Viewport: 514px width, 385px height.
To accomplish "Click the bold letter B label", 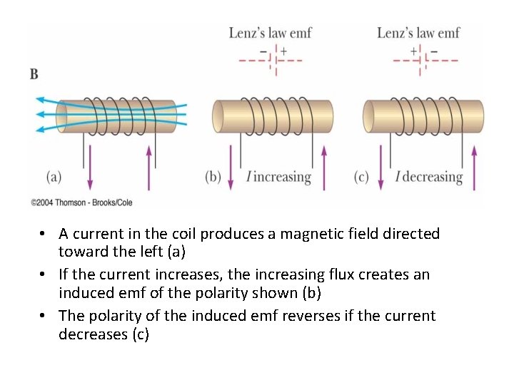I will pyautogui.click(x=34, y=73).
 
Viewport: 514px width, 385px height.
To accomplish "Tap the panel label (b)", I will pyautogui.click(x=213, y=176).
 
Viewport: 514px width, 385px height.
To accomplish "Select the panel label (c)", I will pyautogui.click(x=361, y=176).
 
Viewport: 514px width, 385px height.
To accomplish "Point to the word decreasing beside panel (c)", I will pyautogui.click(x=433, y=177).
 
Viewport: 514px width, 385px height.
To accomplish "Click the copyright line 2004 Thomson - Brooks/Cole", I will pyautogui.click(x=81, y=202).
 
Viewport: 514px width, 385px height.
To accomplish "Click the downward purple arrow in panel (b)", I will pyautogui.click(x=231, y=167).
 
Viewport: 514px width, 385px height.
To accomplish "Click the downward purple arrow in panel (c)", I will pyautogui.click(x=381, y=167).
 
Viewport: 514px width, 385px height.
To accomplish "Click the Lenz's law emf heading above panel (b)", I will pyautogui.click(x=270, y=33).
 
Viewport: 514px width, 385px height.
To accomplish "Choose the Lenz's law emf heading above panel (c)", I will pyautogui.click(x=418, y=33).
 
